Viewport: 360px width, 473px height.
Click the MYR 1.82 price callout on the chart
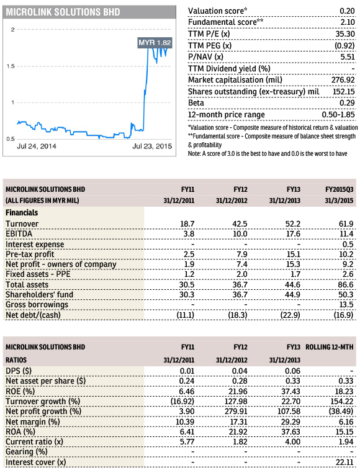tap(155, 43)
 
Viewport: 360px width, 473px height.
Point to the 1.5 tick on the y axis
tap(11, 66)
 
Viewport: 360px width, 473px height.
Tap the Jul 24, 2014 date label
tap(37, 146)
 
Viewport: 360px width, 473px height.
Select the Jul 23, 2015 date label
tap(152, 146)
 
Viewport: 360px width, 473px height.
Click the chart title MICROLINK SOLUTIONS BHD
tap(63, 12)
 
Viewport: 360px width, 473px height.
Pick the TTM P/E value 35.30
tap(345, 34)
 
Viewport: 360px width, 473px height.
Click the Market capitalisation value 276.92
tap(343, 80)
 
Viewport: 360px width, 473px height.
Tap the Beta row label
tap(196, 103)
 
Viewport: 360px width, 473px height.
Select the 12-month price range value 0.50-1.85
tap(338, 115)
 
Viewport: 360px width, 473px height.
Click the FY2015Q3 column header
tap(339, 189)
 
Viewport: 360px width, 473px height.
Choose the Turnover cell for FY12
tap(240, 224)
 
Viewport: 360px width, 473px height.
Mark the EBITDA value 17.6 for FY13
tap(293, 234)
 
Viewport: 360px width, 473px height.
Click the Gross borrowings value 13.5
tap(346, 304)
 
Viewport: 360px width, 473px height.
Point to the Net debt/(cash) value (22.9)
tap(291, 315)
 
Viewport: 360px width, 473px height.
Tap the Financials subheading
tap(22, 213)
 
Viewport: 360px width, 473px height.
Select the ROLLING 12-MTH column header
tap(329, 347)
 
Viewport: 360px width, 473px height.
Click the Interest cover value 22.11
tap(344, 462)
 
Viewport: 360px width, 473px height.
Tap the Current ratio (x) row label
tap(34, 442)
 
